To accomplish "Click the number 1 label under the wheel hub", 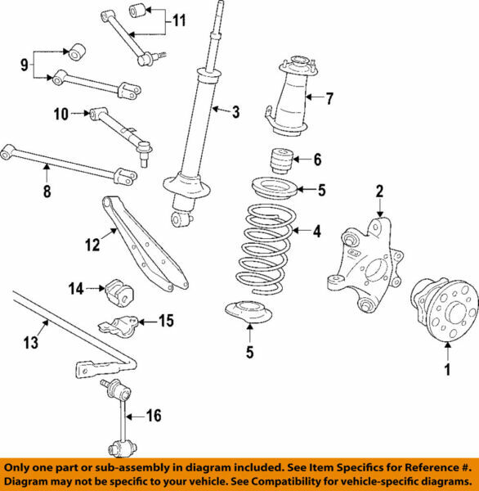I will [x=447, y=370].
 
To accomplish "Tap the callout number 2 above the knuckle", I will [x=379, y=192].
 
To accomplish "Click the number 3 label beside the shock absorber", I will [x=235, y=112].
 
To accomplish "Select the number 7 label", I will [x=329, y=100].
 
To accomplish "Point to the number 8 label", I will [x=46, y=192].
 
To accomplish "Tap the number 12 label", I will [x=92, y=244].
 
